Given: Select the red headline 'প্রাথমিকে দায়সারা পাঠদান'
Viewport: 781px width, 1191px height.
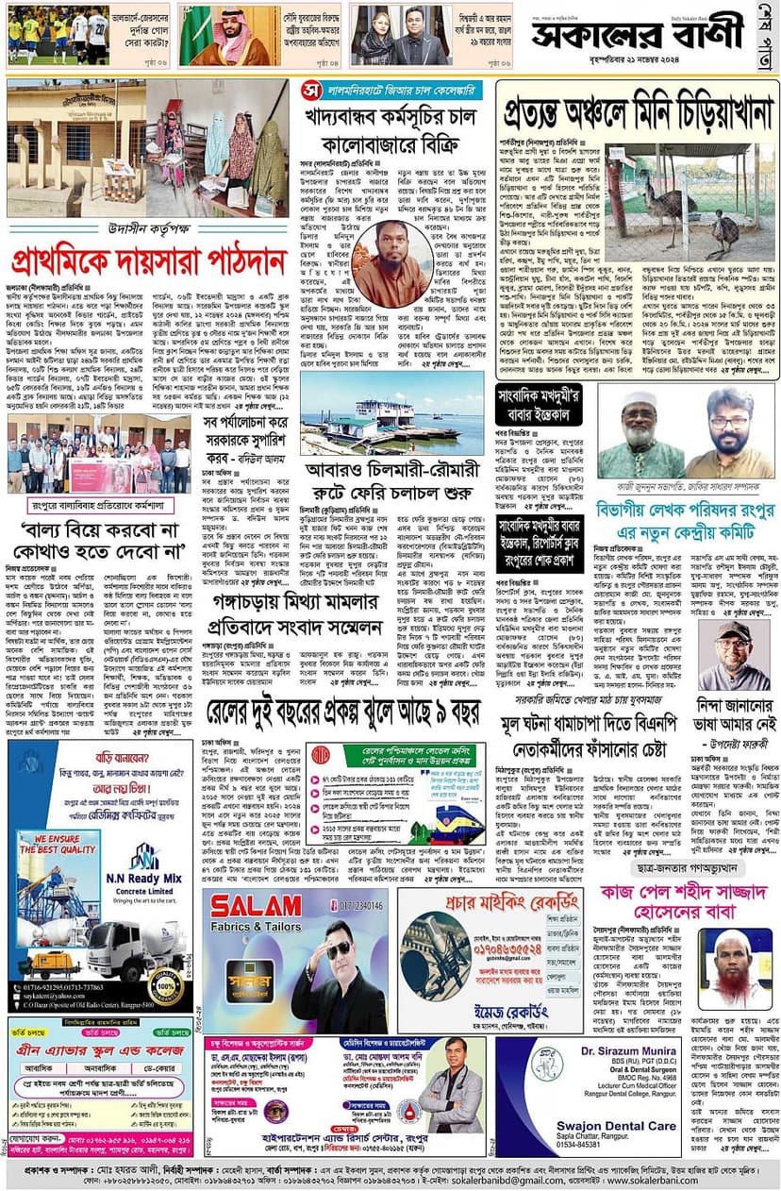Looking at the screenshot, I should click(149, 260).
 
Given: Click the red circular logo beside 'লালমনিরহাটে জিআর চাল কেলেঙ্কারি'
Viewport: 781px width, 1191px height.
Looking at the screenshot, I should click(312, 90).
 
